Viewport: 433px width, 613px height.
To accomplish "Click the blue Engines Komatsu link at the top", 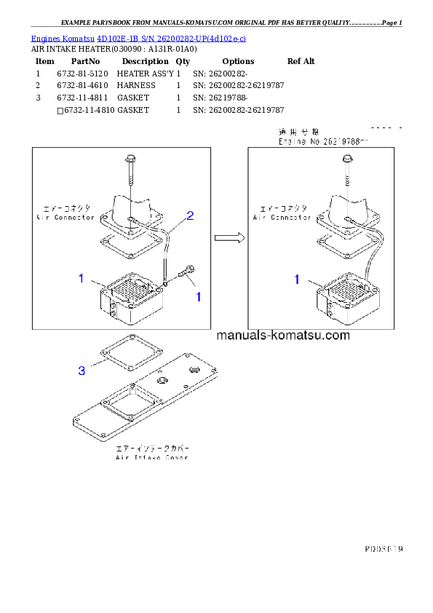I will tap(138, 38).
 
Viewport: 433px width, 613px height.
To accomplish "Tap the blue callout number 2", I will tap(190, 215).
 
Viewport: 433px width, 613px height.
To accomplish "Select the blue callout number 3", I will tap(82, 371).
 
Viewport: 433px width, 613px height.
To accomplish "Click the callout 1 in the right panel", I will tap(297, 279).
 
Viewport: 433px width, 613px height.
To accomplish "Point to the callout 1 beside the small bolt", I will tap(196, 297).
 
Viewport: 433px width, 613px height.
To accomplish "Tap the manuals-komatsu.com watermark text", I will tap(283, 336).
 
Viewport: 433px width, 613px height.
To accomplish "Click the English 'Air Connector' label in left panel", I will tap(65, 218).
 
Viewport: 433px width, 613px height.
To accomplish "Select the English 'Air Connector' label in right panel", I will tap(281, 218).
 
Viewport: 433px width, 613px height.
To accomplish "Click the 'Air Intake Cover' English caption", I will tap(151, 457).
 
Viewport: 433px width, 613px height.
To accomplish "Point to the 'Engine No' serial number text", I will tap(324, 142).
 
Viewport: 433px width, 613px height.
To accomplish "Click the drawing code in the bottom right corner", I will tap(384, 547).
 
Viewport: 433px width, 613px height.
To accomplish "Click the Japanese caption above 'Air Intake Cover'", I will tap(151, 448).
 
